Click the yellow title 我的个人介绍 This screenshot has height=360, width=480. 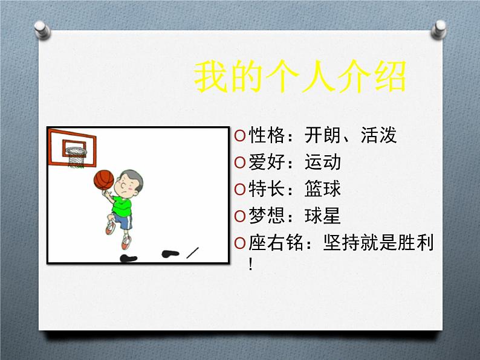point(299,77)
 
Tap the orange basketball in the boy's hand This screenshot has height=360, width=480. point(103,179)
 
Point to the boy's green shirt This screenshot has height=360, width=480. point(125,203)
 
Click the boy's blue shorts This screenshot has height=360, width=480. point(122,222)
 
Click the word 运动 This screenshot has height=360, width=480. point(323,162)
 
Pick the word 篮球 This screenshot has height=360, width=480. point(323,188)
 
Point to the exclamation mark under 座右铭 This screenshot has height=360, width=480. point(251,264)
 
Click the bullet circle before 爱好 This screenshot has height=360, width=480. point(239,162)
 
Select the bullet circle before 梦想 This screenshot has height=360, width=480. point(239,216)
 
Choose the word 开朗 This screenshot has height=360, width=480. point(323,135)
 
